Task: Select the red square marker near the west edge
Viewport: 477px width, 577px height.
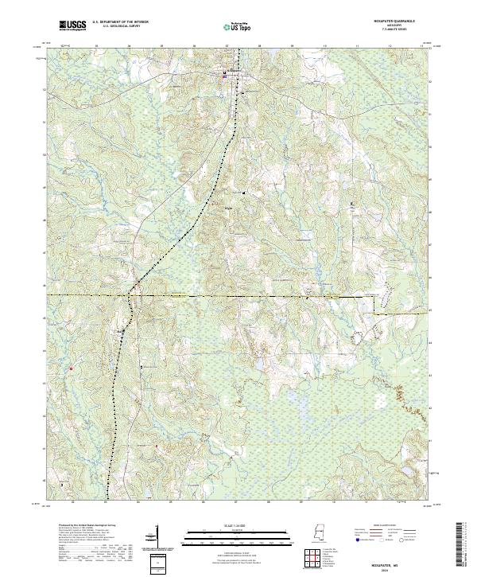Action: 71,368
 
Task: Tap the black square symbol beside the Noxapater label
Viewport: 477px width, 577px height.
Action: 225,72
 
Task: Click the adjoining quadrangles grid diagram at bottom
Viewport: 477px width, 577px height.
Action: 314,560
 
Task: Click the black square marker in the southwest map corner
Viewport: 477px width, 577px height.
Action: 62,482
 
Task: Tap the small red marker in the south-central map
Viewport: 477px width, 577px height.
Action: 157,446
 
